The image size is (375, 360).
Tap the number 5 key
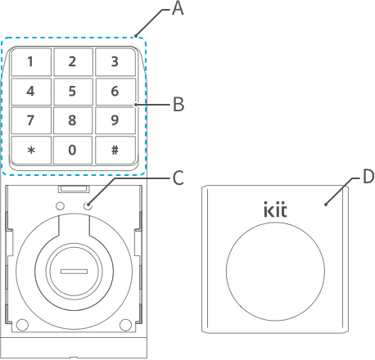[73, 92]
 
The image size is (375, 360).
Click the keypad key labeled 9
[115, 120]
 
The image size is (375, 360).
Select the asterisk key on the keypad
[31, 150]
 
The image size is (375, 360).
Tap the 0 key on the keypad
[73, 150]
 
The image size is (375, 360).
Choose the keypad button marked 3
[115, 62]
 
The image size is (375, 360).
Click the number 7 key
[31, 120]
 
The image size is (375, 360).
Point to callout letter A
[178, 8]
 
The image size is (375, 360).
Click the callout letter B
[178, 104]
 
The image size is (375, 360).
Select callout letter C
[178, 178]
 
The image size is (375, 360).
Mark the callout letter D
[368, 177]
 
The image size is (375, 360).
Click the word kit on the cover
[275, 209]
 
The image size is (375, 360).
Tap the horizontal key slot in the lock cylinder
[74, 272]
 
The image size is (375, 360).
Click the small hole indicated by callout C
[88, 206]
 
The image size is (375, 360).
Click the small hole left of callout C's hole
[60, 206]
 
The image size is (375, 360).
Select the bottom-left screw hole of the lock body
[22, 325]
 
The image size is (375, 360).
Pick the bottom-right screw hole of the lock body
[125, 325]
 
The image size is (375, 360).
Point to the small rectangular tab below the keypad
[74, 189]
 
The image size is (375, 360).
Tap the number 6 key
[115, 92]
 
